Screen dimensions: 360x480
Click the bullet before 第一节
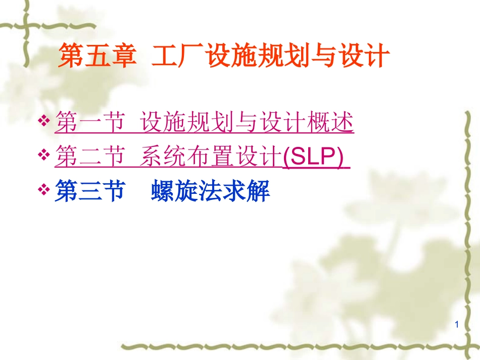click(44, 121)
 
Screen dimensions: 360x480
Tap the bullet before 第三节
click(44, 190)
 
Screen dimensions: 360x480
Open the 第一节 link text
click(89, 123)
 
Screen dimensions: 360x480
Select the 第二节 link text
click(89, 158)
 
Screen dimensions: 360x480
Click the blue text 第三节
click(89, 192)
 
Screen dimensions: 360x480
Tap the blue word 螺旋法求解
click(210, 192)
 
